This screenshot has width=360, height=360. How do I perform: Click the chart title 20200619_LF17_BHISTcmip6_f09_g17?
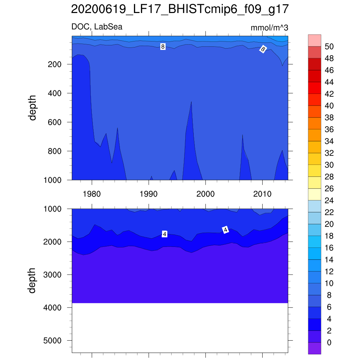pyautogui.click(x=180, y=9)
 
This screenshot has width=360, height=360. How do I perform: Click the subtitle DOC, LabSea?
pyautogui.click(x=97, y=27)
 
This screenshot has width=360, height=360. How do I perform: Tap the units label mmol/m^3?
pyautogui.click(x=269, y=28)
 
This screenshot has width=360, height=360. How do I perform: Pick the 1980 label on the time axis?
pyautogui.click(x=92, y=194)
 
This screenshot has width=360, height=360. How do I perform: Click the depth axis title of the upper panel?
pyautogui.click(x=33, y=108)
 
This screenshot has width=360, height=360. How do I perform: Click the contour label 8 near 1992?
pyautogui.click(x=163, y=46)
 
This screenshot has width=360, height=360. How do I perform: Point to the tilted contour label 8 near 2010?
pyautogui.click(x=263, y=49)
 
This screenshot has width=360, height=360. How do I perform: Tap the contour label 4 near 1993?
pyautogui.click(x=164, y=234)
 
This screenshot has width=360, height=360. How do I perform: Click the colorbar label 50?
pyautogui.click(x=329, y=47)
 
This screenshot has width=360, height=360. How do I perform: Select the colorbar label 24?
pyautogui.click(x=329, y=201)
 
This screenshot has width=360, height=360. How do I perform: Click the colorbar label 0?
pyautogui.click(x=329, y=343)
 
